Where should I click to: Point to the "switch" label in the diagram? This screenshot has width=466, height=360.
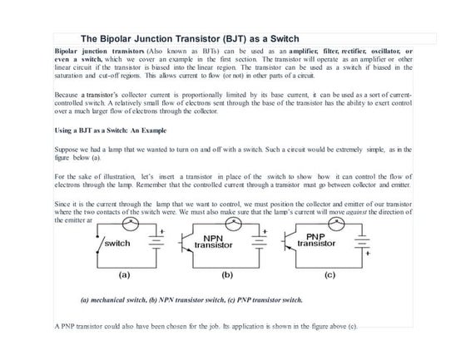(x=115, y=244)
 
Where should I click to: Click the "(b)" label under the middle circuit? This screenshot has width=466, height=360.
(x=226, y=271)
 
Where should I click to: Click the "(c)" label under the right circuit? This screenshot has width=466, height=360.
(x=330, y=271)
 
